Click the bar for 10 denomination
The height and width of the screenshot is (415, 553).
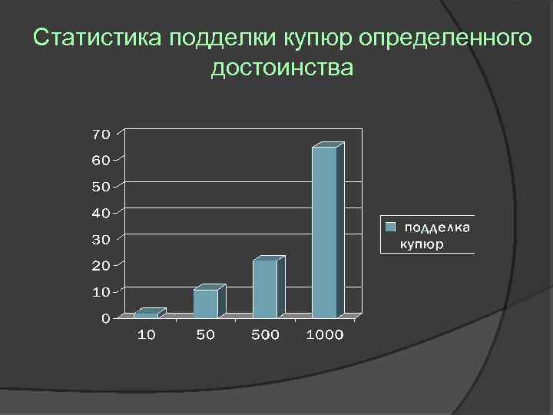(x=146, y=314)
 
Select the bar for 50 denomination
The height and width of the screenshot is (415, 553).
(x=206, y=303)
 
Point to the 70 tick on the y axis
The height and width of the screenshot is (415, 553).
(x=101, y=134)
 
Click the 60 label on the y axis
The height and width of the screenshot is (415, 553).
(x=101, y=161)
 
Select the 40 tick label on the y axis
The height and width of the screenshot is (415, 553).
(x=101, y=213)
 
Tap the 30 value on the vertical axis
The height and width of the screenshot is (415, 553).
(x=101, y=240)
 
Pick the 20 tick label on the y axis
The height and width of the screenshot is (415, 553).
(x=101, y=266)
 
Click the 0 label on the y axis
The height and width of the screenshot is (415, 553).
(x=105, y=318)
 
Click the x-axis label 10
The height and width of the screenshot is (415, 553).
(x=146, y=335)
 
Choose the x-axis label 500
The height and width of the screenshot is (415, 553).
(x=265, y=335)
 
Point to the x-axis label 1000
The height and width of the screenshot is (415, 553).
(x=325, y=335)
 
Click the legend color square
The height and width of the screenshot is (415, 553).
(x=391, y=227)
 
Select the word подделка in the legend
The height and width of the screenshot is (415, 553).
(x=438, y=227)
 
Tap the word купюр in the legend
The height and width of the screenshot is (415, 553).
(x=422, y=244)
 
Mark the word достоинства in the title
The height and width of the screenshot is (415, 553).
(x=283, y=68)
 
